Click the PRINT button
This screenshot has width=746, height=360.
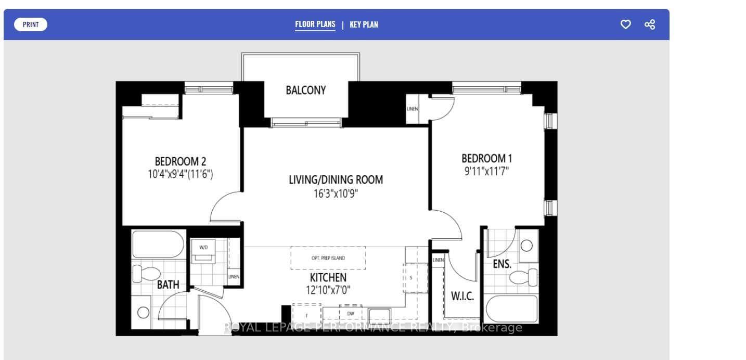31,24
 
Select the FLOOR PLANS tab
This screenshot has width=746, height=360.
315,24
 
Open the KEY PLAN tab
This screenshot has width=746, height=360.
364,24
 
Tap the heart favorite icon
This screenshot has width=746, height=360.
626,24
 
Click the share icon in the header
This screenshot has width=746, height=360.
650,24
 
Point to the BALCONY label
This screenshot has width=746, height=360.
306,90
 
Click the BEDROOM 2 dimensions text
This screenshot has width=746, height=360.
181,174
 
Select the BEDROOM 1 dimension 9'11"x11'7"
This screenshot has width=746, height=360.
486,170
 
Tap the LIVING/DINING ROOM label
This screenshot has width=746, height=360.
336,180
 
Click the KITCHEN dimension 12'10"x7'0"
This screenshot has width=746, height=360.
328,290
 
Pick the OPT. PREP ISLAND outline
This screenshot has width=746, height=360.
328,258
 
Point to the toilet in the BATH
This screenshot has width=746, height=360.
143,273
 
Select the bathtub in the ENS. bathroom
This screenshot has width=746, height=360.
511,308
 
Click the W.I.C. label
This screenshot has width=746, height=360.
462,297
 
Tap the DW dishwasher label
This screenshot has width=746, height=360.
351,314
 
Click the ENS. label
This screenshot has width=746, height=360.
502,264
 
